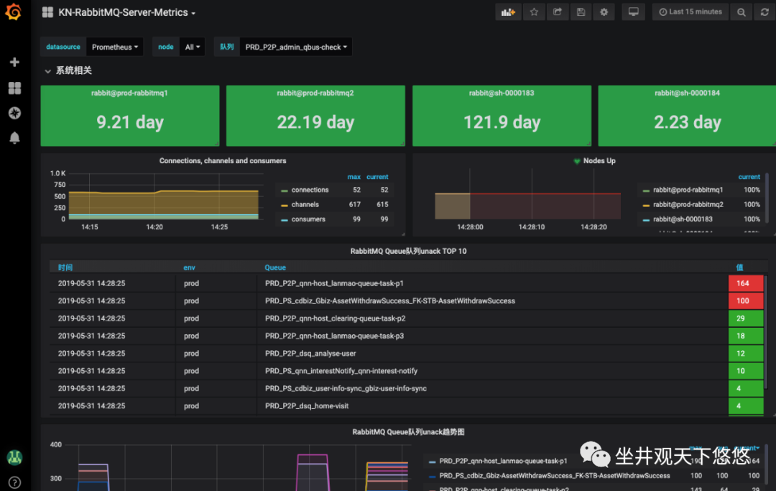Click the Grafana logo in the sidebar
coord(14,13)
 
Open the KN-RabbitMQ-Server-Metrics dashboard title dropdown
coord(126,13)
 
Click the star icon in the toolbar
coord(533,12)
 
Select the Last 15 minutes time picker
coord(690,12)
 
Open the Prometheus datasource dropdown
coord(115,47)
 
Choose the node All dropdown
coord(193,47)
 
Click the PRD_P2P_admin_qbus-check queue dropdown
coord(296,47)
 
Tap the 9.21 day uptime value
coord(130,122)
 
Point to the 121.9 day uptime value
coord(502,122)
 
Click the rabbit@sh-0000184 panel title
coord(687,93)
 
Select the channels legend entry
coord(305,205)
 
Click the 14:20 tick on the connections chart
coord(154,227)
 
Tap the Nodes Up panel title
coord(599,161)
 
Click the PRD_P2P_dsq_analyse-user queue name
coord(310,354)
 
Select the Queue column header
coord(275,267)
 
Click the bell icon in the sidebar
coord(14,138)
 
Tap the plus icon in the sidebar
coord(14,63)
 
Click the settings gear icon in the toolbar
coord(604,12)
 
